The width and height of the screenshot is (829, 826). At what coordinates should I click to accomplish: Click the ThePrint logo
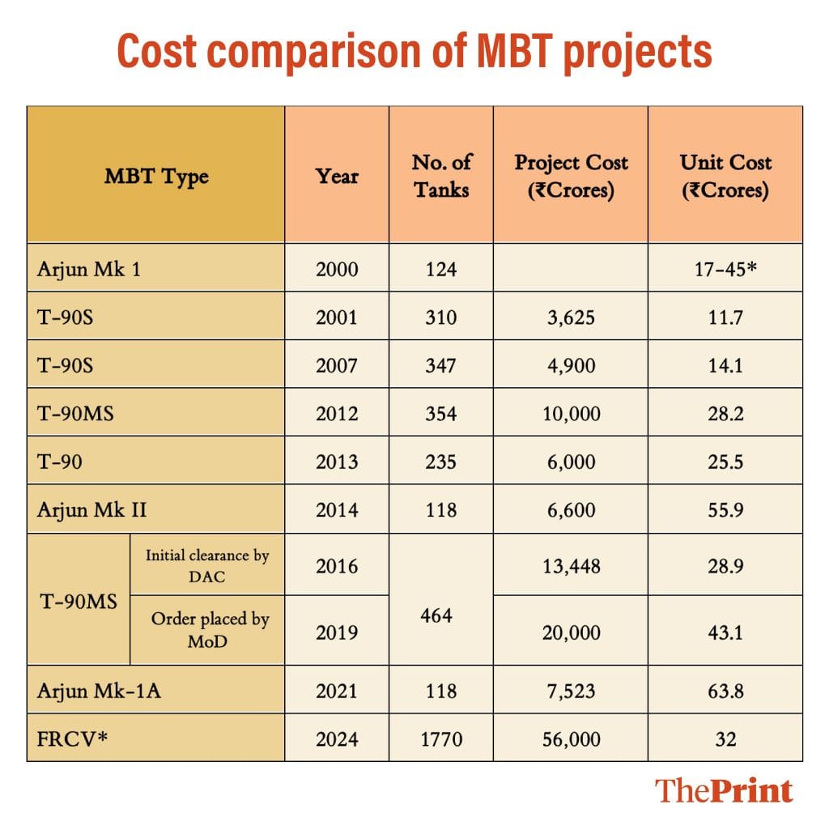tap(724, 790)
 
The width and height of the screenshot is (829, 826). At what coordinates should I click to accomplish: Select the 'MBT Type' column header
tap(156, 176)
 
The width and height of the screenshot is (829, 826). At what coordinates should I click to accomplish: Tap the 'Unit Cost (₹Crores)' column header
tap(725, 176)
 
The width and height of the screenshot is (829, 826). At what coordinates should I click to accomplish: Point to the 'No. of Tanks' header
tap(441, 176)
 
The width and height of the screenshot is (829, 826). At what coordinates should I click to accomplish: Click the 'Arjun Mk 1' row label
tap(89, 268)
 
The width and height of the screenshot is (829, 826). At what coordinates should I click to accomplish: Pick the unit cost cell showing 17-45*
tap(725, 268)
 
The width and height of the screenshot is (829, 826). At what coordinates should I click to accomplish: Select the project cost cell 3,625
tap(571, 317)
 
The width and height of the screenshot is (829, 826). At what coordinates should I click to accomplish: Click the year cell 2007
tap(337, 365)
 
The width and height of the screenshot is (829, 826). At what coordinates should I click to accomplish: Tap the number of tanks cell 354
tap(441, 414)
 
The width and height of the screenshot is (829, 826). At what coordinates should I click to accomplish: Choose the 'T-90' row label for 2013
tap(60, 462)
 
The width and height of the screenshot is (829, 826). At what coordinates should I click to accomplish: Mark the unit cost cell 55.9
tap(725, 510)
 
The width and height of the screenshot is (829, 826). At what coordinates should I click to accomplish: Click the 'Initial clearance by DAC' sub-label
tap(207, 565)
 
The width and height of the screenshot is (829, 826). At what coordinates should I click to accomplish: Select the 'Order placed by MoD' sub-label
tap(209, 630)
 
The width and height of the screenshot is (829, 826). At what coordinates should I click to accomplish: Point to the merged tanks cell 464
tap(441, 615)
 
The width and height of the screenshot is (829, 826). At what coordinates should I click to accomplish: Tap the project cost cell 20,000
tap(571, 632)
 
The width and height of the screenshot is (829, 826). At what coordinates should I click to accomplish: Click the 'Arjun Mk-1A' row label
tap(99, 691)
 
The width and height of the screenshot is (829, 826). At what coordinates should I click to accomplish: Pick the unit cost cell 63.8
tap(725, 691)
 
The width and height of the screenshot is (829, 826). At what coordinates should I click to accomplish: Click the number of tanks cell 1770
tap(441, 739)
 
